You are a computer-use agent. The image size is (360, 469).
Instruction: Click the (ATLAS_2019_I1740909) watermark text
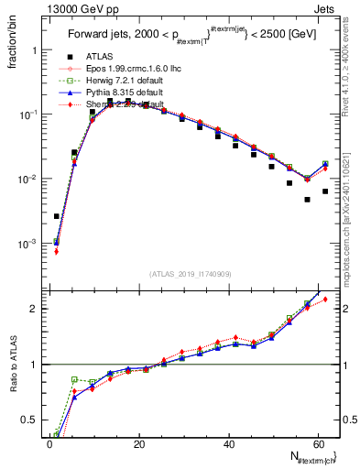click(x=191, y=273)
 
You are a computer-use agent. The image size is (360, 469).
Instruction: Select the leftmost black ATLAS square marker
click(x=57, y=216)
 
